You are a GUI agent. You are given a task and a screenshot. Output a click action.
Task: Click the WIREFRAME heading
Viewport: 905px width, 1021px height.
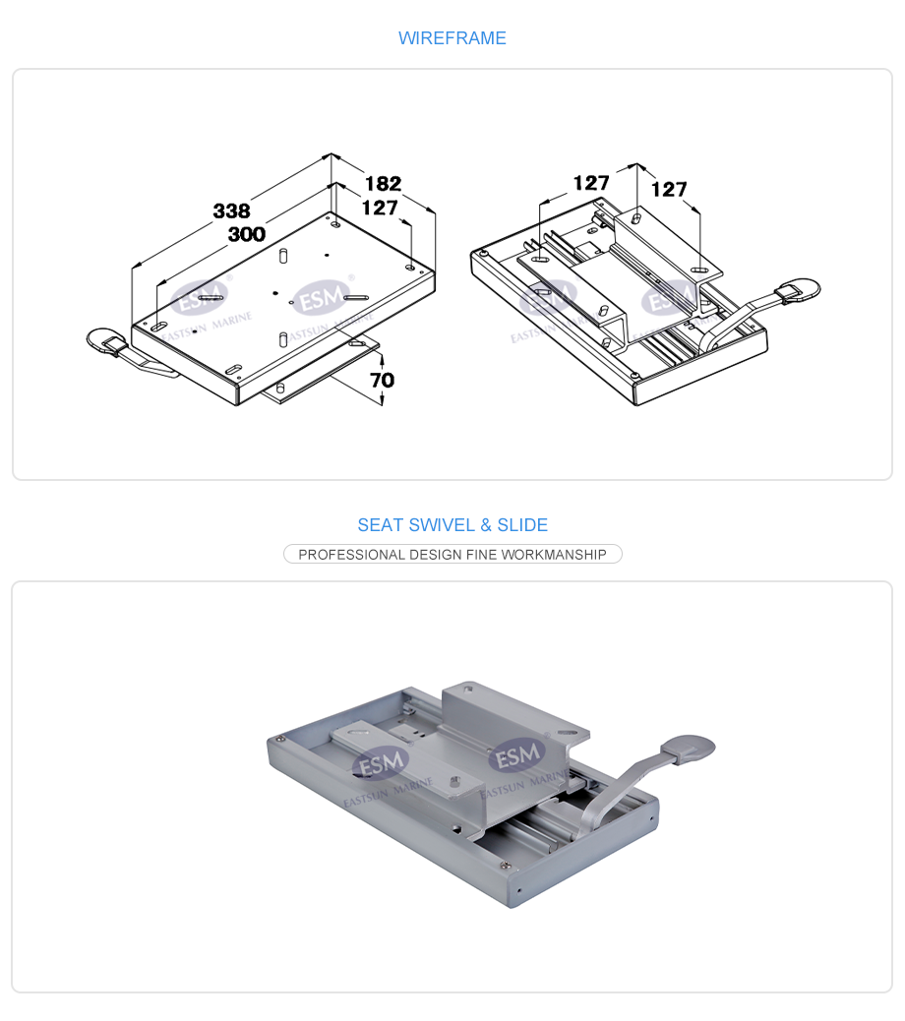coord(452,38)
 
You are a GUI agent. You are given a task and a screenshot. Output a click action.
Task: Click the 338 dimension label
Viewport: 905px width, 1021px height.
coord(232,210)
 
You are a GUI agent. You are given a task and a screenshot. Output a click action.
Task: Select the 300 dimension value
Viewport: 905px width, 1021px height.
coord(247,234)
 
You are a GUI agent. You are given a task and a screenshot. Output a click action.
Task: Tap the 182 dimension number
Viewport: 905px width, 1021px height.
coord(383,184)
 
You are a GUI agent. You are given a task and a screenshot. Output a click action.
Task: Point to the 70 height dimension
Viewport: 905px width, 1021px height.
coord(383,380)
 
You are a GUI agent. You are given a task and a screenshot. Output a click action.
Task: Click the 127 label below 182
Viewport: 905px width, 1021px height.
coord(380,208)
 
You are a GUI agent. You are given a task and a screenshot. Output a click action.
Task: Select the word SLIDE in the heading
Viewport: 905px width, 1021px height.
coord(522,525)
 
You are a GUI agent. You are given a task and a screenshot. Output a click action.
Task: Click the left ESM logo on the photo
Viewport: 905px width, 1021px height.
coord(381,762)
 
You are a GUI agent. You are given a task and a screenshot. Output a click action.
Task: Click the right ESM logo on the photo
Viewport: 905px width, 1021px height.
coord(518,755)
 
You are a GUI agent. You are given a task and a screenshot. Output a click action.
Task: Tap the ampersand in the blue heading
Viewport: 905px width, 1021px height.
coord(486,525)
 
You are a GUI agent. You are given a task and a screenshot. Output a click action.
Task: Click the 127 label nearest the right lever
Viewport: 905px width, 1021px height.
coord(669,190)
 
